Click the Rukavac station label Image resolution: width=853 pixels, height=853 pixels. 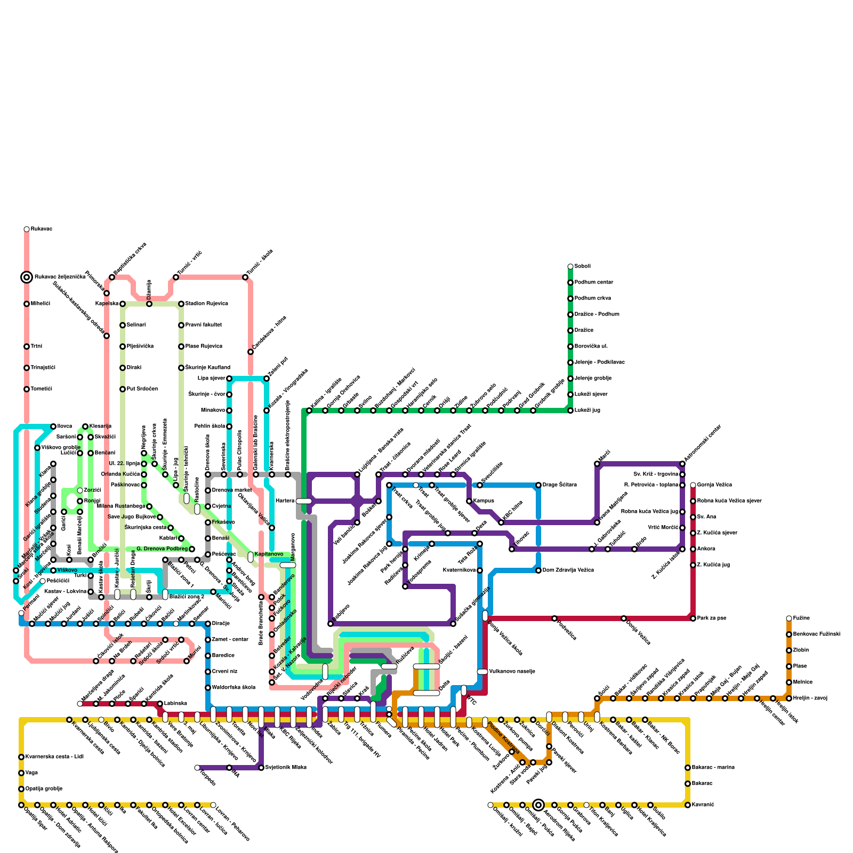click(x=41, y=229)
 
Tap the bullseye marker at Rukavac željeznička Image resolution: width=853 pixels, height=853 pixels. click(x=27, y=277)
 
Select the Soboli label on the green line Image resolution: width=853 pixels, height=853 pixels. click(x=582, y=267)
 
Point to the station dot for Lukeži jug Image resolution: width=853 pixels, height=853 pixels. click(x=570, y=411)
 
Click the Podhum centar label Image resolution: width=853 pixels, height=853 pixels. click(x=593, y=283)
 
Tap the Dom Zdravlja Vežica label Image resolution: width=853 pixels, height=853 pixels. click(x=568, y=570)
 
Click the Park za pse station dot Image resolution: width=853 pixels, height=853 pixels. click(x=693, y=618)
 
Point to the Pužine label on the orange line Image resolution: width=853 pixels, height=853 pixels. click(x=801, y=618)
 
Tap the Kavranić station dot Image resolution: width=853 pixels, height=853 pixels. click(x=688, y=805)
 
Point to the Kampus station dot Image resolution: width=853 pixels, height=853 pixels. click(x=469, y=501)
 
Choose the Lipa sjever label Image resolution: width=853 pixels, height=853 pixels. click(x=212, y=379)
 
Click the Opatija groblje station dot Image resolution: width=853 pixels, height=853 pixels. click(x=21, y=789)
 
